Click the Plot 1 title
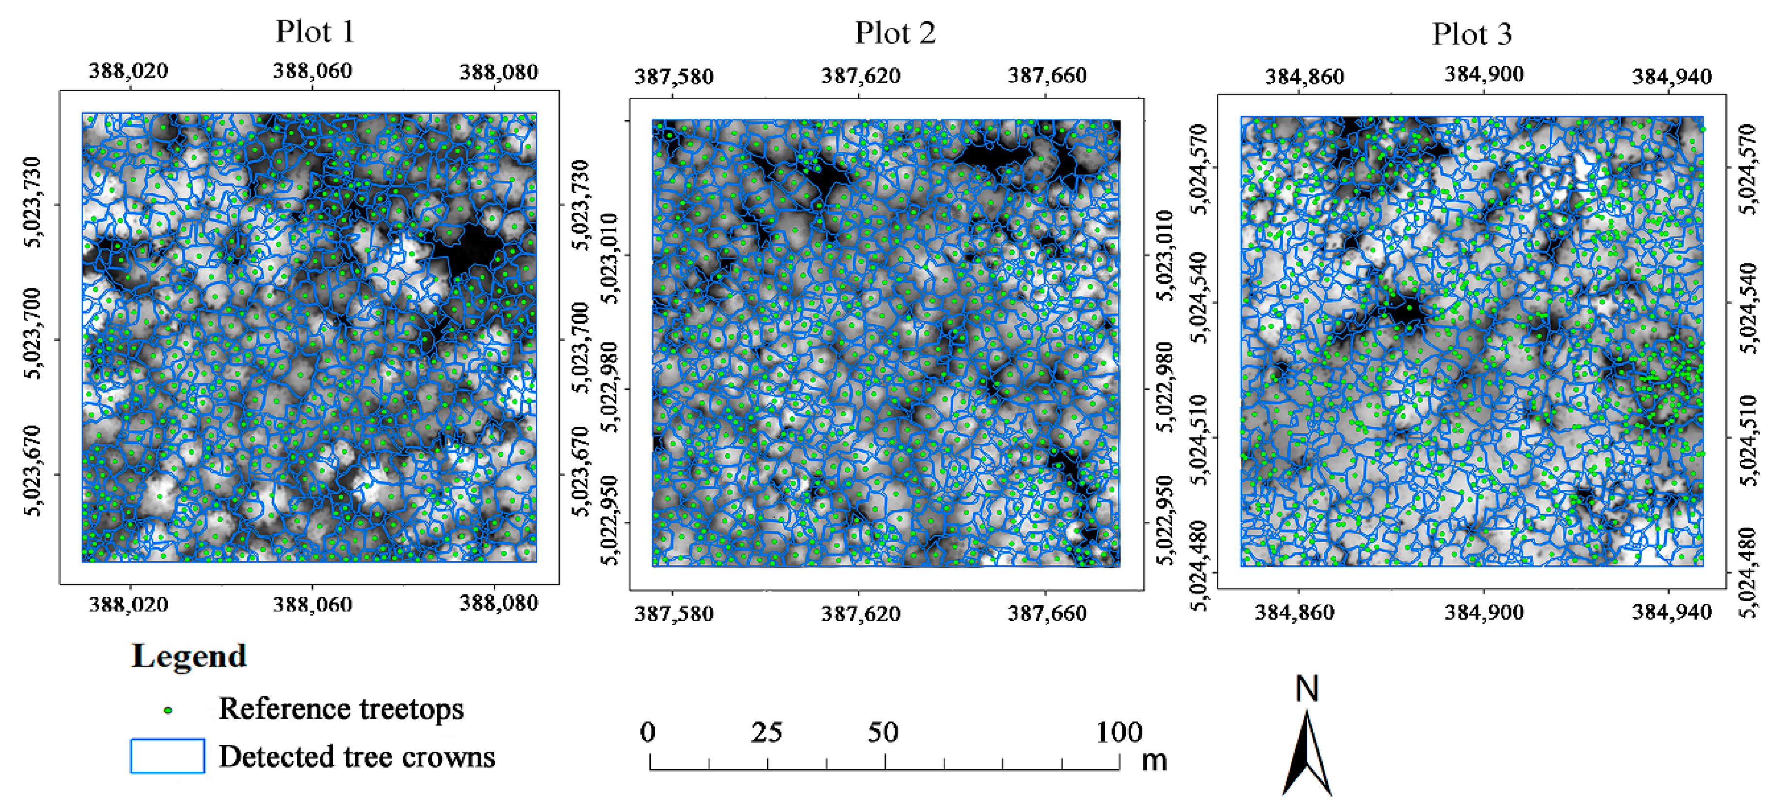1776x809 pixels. [315, 32]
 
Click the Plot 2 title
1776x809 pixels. [895, 33]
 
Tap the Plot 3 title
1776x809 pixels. [1471, 34]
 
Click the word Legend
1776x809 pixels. [189, 656]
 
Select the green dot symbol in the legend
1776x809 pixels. [167, 710]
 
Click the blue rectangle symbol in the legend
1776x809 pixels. [167, 756]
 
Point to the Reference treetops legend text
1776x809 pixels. [340, 709]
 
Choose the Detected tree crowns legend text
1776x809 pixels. [356, 757]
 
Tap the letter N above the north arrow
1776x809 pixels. [1307, 689]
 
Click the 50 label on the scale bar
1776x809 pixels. [883, 732]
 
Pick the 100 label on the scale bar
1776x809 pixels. [1119, 732]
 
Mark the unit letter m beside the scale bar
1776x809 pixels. [1154, 761]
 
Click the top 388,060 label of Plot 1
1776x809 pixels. [312, 71]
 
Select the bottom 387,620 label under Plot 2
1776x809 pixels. [860, 613]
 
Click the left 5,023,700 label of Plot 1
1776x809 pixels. [33, 334]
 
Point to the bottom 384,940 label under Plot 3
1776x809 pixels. [1671, 612]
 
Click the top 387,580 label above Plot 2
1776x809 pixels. [674, 77]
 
